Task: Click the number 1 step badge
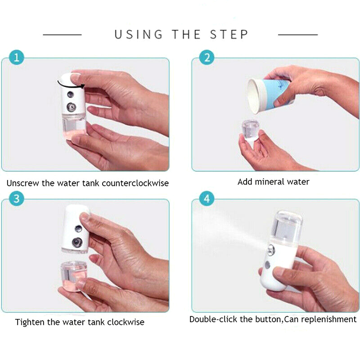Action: (x=17, y=57)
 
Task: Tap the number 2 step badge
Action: (x=207, y=57)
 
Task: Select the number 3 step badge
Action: (x=17, y=198)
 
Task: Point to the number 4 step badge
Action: (x=207, y=198)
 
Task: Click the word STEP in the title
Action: (x=229, y=35)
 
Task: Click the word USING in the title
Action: (x=139, y=35)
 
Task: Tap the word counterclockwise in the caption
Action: (x=135, y=183)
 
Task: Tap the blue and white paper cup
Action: (x=269, y=95)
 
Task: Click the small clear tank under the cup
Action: (x=251, y=130)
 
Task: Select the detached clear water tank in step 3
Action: (x=73, y=276)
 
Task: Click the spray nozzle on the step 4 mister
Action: (x=271, y=250)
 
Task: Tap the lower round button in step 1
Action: (x=71, y=107)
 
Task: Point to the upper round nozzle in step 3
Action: (x=78, y=229)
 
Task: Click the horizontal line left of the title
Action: (x=62, y=35)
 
